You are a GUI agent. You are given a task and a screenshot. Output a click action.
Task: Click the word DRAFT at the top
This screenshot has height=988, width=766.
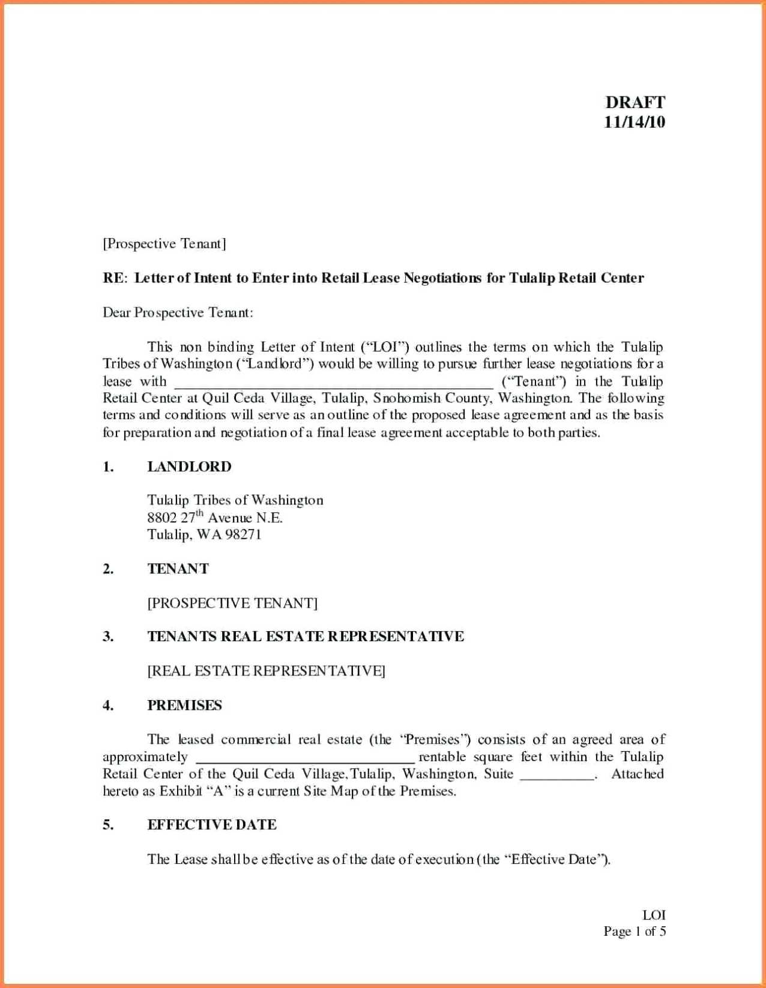pyautogui.click(x=635, y=102)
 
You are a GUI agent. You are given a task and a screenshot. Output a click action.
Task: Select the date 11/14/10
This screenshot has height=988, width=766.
pyautogui.click(x=635, y=122)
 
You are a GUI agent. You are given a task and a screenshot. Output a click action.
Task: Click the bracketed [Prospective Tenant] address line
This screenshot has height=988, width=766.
pyautogui.click(x=164, y=244)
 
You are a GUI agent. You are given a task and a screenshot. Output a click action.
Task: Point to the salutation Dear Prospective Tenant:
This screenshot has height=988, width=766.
pyautogui.click(x=178, y=313)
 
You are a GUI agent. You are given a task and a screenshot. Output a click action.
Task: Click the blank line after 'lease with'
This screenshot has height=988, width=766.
pyautogui.click(x=333, y=384)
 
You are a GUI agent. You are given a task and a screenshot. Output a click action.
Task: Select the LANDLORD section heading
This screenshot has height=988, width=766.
pyautogui.click(x=189, y=467)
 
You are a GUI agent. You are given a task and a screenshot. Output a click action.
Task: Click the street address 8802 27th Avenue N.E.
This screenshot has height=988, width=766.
pyautogui.click(x=215, y=517)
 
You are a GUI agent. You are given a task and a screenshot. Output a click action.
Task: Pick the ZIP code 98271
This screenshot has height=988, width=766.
pyautogui.click(x=243, y=534)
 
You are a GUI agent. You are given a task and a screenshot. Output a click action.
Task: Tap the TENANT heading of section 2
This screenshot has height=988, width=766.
pyautogui.click(x=178, y=569)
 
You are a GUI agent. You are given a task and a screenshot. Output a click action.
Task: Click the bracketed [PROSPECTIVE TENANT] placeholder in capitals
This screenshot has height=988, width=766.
pyautogui.click(x=232, y=603)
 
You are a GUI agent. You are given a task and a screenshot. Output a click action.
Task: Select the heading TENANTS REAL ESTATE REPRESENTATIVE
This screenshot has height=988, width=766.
pyautogui.click(x=306, y=636)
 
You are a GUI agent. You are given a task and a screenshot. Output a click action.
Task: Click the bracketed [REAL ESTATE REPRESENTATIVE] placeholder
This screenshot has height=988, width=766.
pyautogui.click(x=266, y=671)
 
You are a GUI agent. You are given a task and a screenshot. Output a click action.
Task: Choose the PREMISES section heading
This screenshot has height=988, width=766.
pyautogui.click(x=185, y=705)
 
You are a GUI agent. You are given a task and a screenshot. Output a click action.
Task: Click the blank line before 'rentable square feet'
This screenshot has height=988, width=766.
pyautogui.click(x=305, y=759)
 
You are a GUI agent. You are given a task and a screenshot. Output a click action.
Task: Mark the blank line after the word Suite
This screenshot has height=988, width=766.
pyautogui.click(x=557, y=776)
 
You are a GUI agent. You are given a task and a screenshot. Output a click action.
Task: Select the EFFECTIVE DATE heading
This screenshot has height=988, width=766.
pyautogui.click(x=212, y=825)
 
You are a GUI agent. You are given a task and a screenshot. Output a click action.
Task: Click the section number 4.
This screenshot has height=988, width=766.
pyautogui.click(x=108, y=705)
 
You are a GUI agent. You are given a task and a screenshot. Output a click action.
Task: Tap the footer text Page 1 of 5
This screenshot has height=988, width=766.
pyautogui.click(x=635, y=931)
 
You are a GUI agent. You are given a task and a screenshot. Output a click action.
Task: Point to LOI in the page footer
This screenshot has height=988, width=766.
pyautogui.click(x=654, y=915)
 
